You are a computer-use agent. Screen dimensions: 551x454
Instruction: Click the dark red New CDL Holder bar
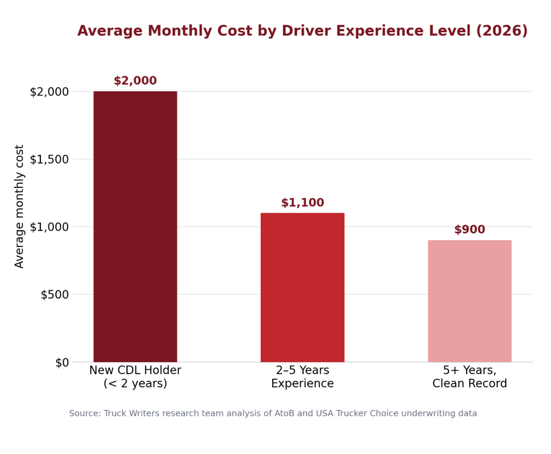pyautogui.click(x=135, y=227)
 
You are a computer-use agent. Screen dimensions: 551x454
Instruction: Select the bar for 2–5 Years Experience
pyautogui.click(x=302, y=287)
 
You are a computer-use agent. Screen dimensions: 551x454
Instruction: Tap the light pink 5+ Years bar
pyautogui.click(x=470, y=301)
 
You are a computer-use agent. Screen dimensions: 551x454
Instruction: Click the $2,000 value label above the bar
pyautogui.click(x=135, y=81)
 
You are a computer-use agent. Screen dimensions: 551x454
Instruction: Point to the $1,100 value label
pyautogui.click(x=302, y=202)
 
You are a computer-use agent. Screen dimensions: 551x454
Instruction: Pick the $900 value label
pyautogui.click(x=470, y=229)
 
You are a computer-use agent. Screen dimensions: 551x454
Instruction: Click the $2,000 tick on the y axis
pyautogui.click(x=49, y=92)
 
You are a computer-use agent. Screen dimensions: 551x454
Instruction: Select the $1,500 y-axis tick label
pyautogui.click(x=49, y=159)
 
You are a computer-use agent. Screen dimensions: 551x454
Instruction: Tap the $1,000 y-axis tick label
pyautogui.click(x=49, y=227)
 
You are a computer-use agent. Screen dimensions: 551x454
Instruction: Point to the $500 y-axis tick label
pyautogui.click(x=55, y=295)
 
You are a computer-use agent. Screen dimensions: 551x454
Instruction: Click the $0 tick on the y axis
pyautogui.click(x=62, y=362)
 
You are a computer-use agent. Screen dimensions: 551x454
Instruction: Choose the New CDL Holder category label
pyautogui.click(x=135, y=376)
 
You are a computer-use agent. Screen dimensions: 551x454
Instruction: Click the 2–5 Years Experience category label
pyautogui.click(x=302, y=376)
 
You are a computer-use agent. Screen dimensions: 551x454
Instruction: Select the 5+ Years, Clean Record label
pyautogui.click(x=470, y=376)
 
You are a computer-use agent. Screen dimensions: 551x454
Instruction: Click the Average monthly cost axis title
pyautogui.click(x=19, y=206)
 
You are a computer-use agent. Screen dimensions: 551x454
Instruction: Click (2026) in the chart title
pyautogui.click(x=502, y=31)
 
